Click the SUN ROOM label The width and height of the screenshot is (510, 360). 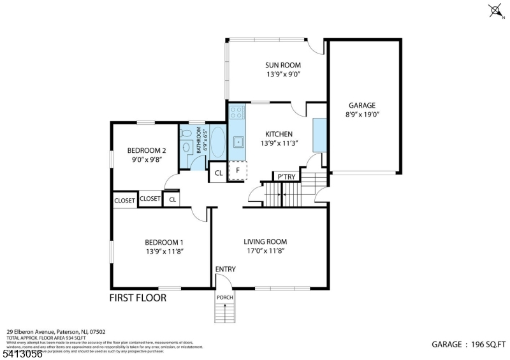click(283, 65)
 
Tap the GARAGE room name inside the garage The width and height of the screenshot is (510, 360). click(361, 106)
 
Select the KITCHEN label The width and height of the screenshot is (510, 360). click(279, 134)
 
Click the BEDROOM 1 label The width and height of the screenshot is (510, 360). click(164, 242)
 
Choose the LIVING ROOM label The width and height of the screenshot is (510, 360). click(265, 241)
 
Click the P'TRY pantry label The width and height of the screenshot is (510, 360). click(284, 176)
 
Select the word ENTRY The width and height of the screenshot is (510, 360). click(225, 270)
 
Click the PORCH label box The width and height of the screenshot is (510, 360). click(224, 297)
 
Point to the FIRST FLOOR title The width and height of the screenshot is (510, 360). click(138, 298)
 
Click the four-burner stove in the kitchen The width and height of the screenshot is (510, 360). click(236, 113)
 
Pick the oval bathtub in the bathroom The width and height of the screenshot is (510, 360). click(218, 141)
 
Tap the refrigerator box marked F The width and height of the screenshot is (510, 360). click(237, 171)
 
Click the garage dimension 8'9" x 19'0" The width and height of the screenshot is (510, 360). click(361, 115)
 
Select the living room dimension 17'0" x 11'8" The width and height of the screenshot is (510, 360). click(265, 251)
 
